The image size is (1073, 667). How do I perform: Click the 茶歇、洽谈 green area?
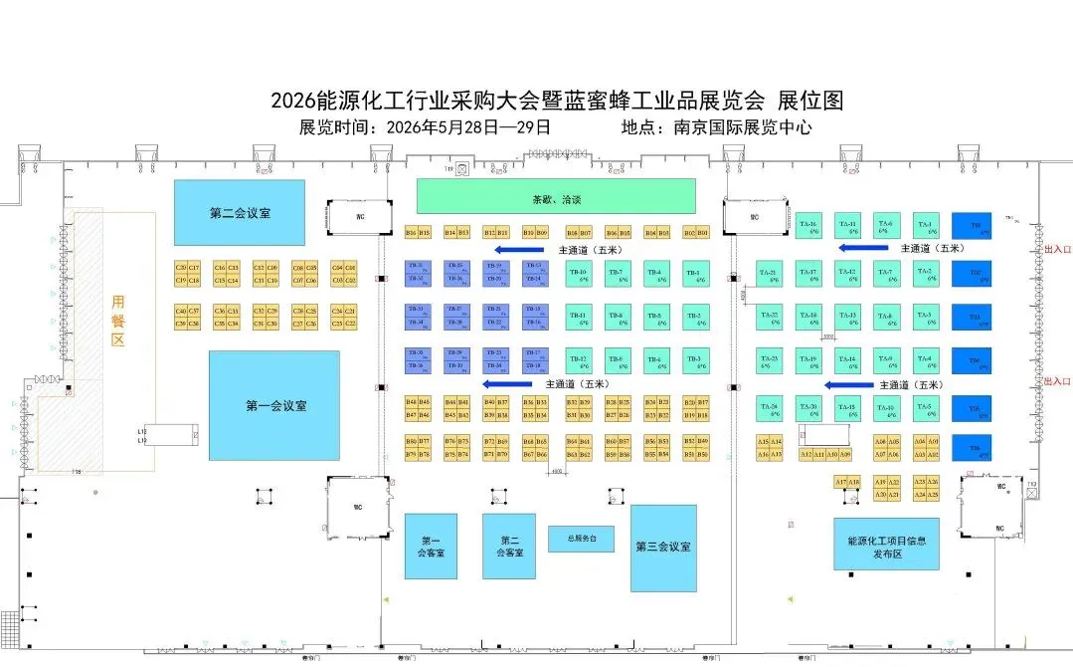555,195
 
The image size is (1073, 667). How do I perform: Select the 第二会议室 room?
240,212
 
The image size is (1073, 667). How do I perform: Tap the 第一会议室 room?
274,405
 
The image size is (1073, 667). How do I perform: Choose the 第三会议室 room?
663,547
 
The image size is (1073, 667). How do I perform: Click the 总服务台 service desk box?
581,539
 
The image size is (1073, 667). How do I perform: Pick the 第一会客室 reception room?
431,546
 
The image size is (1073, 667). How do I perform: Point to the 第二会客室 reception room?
509,546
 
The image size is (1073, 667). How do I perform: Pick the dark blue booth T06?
973,451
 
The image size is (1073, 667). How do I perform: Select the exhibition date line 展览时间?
425,127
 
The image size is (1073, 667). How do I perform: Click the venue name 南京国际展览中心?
742,127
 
